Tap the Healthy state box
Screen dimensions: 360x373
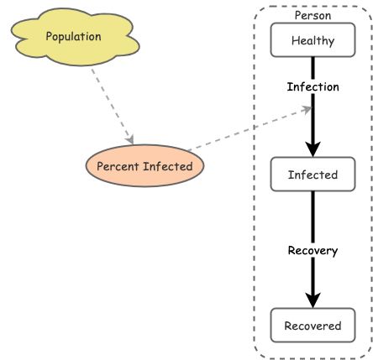point(313,40)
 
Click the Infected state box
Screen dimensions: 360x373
point(313,175)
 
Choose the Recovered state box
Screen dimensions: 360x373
point(313,326)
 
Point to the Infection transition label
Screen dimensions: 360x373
point(313,86)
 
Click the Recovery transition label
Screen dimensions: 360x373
point(313,250)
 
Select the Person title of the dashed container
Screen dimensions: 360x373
point(313,15)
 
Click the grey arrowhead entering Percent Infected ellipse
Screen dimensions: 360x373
point(129,138)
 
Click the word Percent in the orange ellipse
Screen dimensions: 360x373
point(117,166)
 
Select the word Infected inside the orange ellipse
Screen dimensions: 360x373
point(168,166)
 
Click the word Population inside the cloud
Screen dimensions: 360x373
point(73,37)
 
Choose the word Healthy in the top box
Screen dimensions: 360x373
point(313,40)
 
